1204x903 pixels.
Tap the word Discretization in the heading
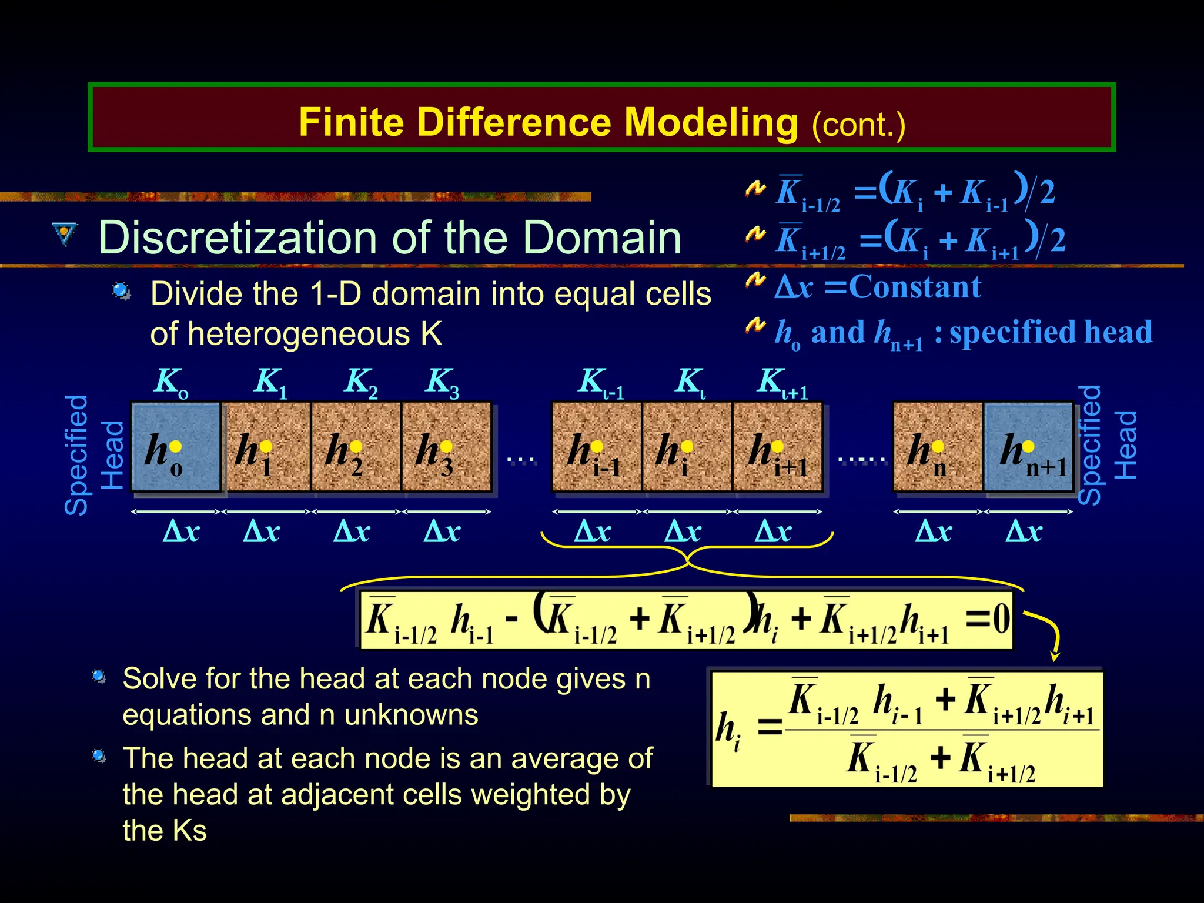pos(241,238)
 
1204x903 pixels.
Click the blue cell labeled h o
pos(175,447)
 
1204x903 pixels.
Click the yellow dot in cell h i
pos(687,447)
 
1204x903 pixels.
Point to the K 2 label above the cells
pos(360,382)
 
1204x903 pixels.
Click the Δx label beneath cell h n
pos(934,531)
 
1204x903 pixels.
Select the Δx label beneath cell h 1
pos(262,531)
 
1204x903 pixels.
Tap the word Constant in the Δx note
pos(915,287)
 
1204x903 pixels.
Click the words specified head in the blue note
pos(1050,332)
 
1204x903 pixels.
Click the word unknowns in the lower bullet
pos(411,715)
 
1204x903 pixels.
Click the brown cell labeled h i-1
pos(596,447)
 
